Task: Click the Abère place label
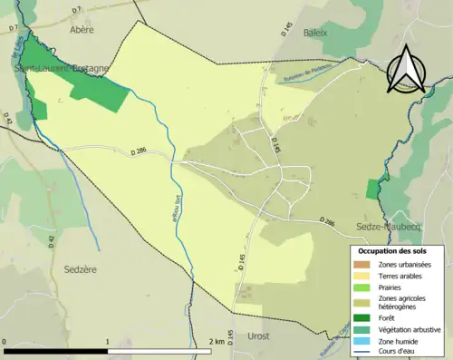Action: click(x=82, y=29)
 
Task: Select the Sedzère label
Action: click(x=80, y=269)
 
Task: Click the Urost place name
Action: click(x=260, y=335)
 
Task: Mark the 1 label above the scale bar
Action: click(x=108, y=342)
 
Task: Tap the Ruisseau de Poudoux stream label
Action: click(x=308, y=72)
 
